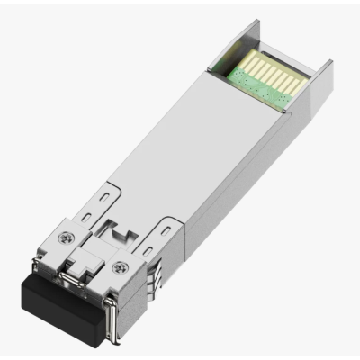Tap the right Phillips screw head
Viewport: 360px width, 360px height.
pyautogui.click(x=122, y=266)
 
